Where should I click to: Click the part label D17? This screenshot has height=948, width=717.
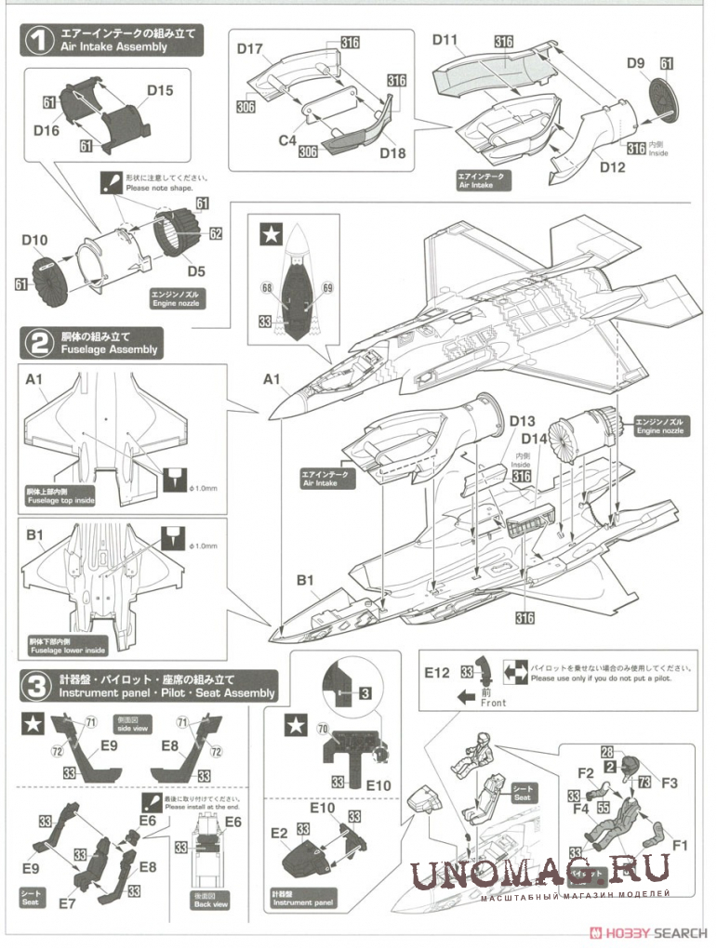coord(250,49)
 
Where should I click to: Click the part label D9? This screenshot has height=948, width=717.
coord(636,63)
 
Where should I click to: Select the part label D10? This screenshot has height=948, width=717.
coord(34,241)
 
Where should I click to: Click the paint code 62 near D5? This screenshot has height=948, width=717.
coord(216,234)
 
